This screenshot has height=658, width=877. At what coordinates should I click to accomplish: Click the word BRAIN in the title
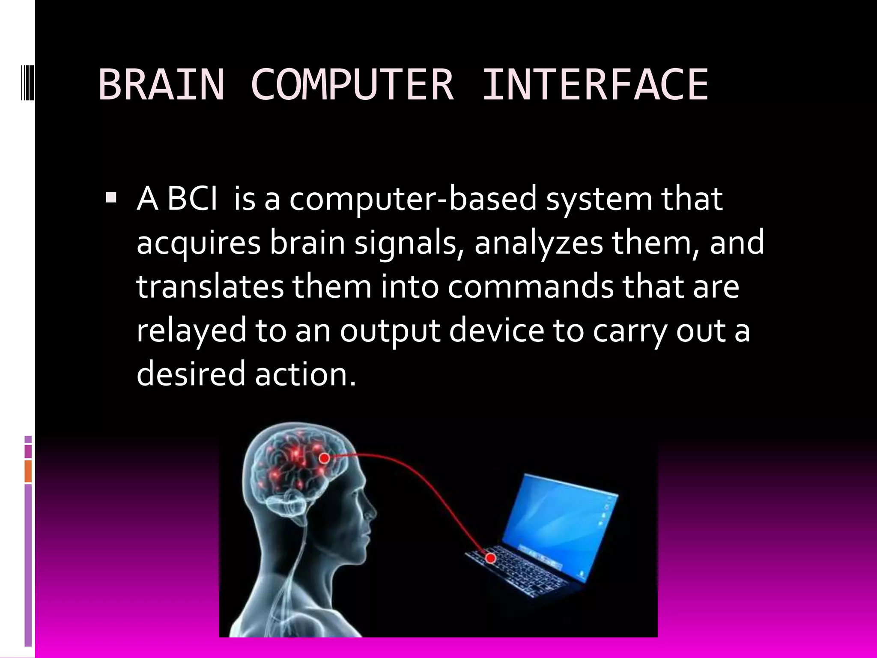tap(161, 85)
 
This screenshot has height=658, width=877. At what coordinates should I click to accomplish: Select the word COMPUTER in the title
tap(352, 85)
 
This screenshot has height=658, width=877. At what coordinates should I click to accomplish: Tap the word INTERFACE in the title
tap(595, 85)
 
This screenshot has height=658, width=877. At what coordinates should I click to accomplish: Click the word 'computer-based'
tap(413, 200)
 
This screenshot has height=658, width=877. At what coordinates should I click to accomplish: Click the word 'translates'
tap(210, 287)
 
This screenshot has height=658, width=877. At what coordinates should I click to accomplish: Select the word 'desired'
tap(191, 373)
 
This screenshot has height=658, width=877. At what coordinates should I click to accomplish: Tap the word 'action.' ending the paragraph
tap(305, 373)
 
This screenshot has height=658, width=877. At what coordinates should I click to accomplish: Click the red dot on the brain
tap(325, 458)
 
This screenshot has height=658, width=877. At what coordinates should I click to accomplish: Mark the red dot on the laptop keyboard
tap(491, 558)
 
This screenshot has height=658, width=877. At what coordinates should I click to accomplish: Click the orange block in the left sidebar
tap(28, 471)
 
